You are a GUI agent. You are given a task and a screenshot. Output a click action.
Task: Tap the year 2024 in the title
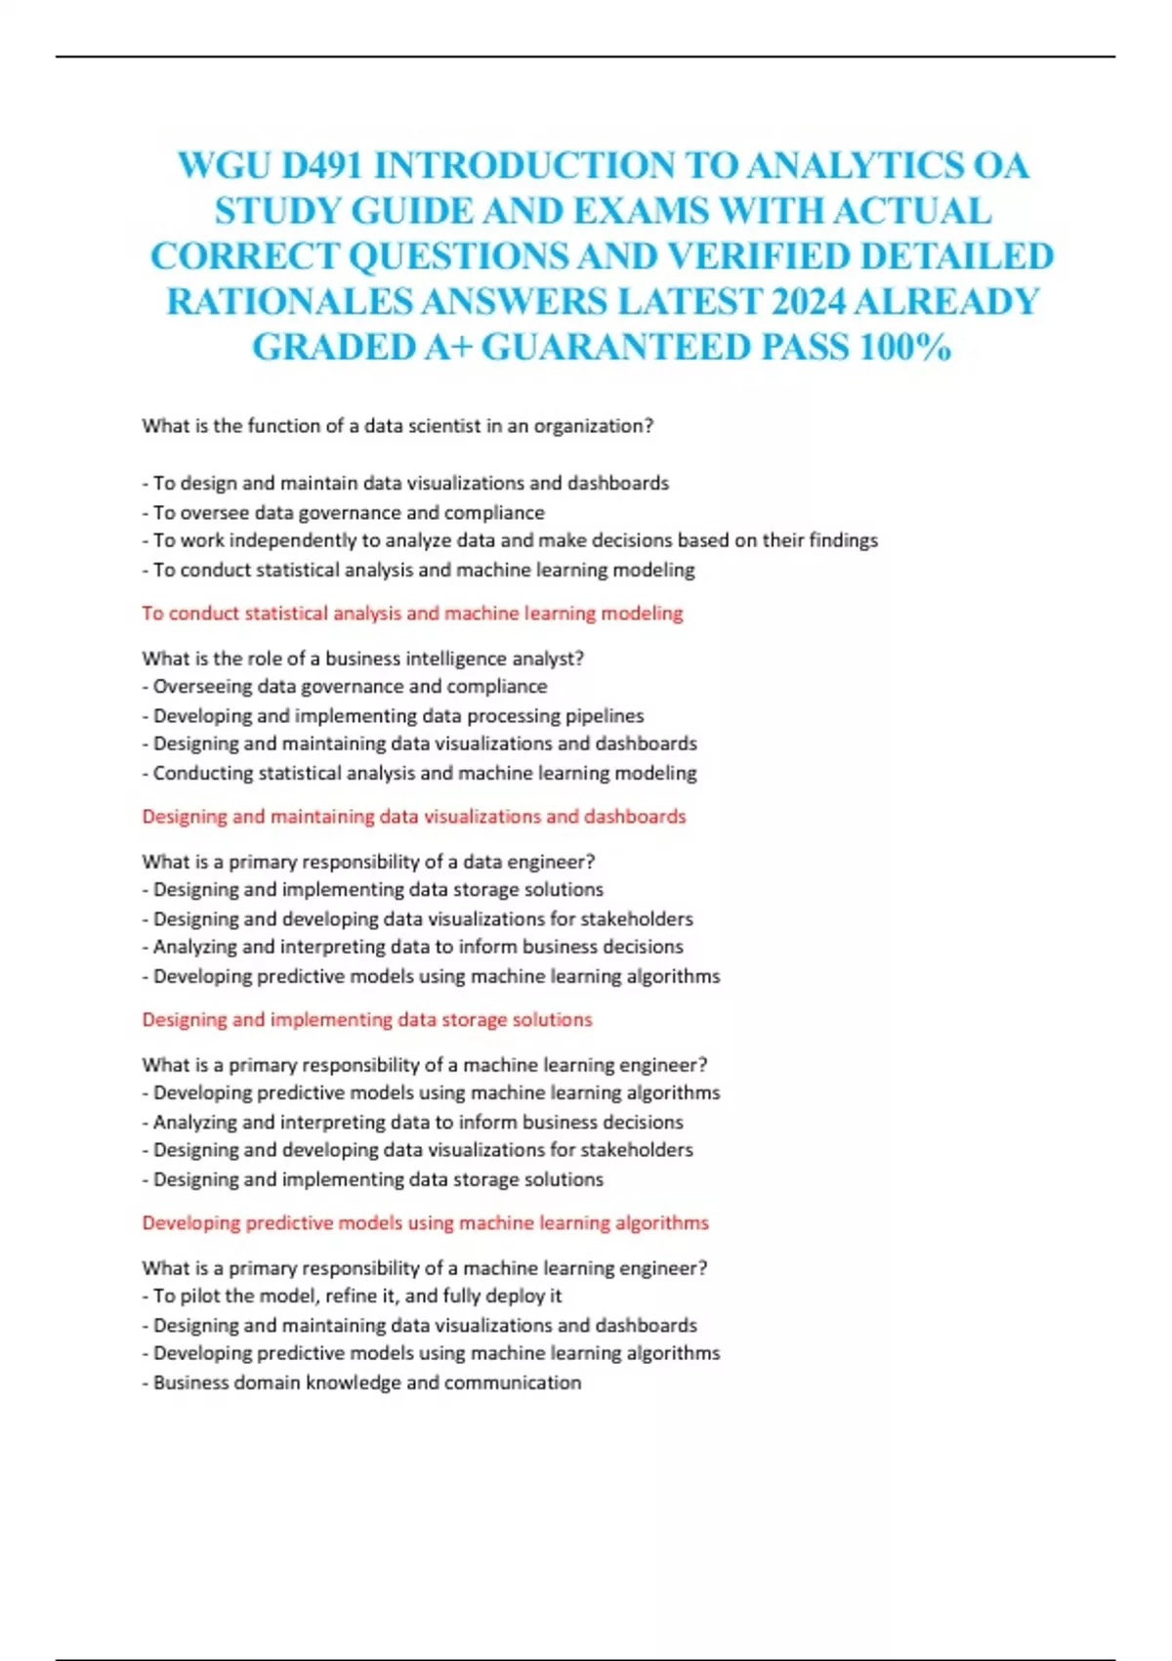[809, 301]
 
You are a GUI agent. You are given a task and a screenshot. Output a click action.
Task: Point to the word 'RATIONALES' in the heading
[290, 301]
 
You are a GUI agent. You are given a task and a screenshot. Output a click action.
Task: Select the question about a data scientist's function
[398, 426]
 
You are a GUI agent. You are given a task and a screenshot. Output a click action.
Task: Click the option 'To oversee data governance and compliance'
[344, 512]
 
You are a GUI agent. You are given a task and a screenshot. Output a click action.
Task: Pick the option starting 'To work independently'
[510, 540]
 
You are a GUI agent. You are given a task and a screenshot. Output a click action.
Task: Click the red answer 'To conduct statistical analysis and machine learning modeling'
[412, 614]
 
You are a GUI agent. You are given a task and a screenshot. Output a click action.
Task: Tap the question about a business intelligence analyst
[363, 659]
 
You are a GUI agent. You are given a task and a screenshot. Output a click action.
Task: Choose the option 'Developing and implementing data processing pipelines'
[394, 715]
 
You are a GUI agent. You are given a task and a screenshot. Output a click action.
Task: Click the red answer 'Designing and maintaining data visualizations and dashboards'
[414, 817]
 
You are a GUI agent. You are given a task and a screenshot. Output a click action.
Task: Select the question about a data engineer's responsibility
[368, 862]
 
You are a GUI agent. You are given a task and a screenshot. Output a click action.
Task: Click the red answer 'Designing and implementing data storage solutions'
[367, 1020]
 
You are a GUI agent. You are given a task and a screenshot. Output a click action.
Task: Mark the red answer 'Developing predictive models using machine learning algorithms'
[425, 1223]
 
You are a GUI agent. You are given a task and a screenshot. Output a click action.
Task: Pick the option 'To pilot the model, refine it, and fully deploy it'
[353, 1296]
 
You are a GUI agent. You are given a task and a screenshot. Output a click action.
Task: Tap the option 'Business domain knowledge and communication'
[361, 1383]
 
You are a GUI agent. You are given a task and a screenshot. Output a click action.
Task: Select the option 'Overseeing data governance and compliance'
[345, 687]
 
